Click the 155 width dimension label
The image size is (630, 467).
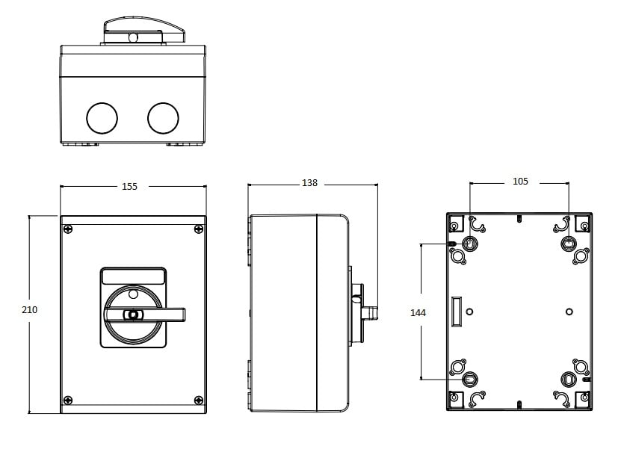pos(129,186)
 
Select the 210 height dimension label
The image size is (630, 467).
pos(29,309)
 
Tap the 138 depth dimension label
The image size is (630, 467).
pos(309,183)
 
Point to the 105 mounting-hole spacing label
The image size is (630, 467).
pos(520,181)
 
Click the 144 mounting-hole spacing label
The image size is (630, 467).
pos(418,313)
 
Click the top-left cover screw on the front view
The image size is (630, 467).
pos(68,229)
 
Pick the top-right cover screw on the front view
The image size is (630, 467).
pos(199,229)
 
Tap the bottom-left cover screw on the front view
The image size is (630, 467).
pos(68,400)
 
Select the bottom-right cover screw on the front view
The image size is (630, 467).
pos(199,400)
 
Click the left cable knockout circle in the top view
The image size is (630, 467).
pos(102,118)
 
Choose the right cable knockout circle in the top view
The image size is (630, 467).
pos(163,118)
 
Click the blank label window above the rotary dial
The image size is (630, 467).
pos(133,276)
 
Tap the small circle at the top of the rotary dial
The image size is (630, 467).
pos(133,294)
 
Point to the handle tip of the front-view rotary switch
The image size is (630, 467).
pos(184,315)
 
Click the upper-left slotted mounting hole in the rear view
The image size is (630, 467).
pos(469,243)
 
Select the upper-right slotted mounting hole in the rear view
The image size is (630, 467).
pos(569,243)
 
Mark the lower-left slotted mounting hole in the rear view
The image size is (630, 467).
pos(469,379)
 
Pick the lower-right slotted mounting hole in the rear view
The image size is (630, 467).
pos(569,379)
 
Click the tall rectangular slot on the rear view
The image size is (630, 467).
pos(457,312)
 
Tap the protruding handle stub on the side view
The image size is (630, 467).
pos(370,313)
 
